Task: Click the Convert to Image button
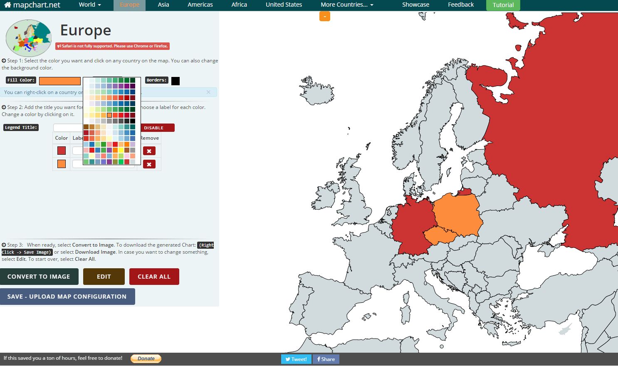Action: [x=39, y=277]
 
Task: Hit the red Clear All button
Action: [x=154, y=277]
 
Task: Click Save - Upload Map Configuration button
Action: [x=67, y=297]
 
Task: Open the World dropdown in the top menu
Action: [x=90, y=5]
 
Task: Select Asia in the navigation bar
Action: [x=163, y=5]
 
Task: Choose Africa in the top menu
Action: [x=239, y=5]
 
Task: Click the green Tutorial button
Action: [x=503, y=5]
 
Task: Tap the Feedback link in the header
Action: [x=461, y=5]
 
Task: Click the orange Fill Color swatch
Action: [x=60, y=81]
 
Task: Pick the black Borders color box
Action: [x=176, y=81]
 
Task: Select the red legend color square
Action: [x=62, y=151]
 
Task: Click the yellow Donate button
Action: [x=146, y=359]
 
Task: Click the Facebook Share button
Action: [x=326, y=359]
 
